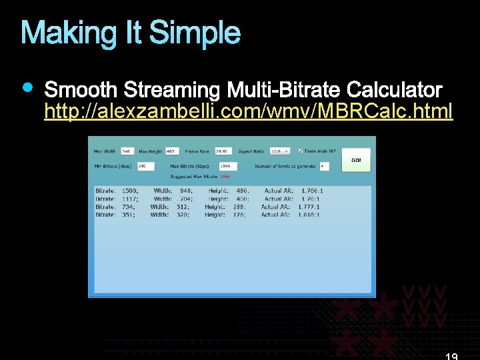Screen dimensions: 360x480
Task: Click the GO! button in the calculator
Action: [x=356, y=160]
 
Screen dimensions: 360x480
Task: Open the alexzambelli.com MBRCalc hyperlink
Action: [x=248, y=111]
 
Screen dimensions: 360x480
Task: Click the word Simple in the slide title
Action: [x=195, y=33]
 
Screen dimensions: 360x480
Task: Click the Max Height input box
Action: [x=172, y=151]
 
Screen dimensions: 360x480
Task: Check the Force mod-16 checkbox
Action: [x=301, y=151]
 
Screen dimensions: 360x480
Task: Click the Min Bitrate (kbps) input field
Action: [x=145, y=165]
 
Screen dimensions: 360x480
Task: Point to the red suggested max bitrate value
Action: [x=225, y=176]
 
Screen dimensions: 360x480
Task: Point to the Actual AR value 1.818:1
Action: [x=308, y=215]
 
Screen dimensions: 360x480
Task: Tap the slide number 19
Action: [x=451, y=356]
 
